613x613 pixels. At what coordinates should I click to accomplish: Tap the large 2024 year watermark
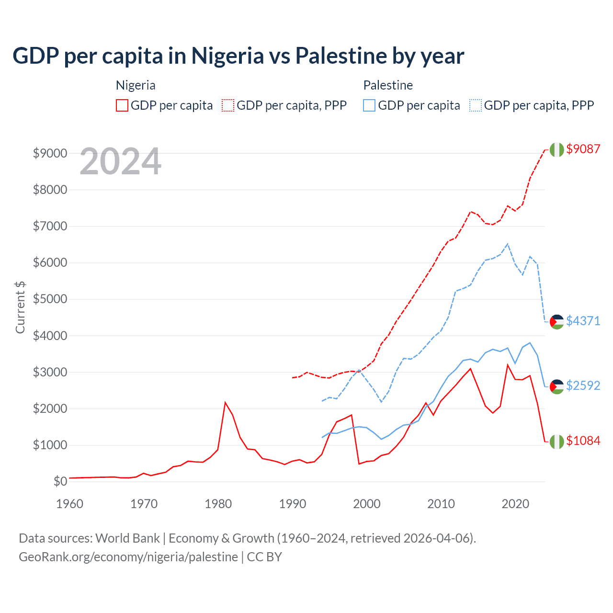point(120,162)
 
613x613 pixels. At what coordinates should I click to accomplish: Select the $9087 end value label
point(583,149)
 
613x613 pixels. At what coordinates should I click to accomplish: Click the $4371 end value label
point(583,321)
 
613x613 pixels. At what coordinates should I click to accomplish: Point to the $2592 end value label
point(583,386)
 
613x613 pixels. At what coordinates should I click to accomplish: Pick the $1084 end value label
point(583,441)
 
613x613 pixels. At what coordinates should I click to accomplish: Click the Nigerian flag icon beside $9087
point(556,149)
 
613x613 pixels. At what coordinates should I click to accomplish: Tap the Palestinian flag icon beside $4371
point(556,322)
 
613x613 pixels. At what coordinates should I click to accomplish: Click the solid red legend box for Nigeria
point(122,105)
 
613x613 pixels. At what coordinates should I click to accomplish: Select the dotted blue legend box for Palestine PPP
point(476,105)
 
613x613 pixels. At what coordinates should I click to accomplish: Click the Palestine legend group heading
point(388,85)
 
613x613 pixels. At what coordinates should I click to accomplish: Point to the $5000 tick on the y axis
point(50,299)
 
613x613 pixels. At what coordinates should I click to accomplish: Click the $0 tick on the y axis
point(60,481)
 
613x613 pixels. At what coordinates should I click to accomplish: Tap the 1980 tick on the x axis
point(218,504)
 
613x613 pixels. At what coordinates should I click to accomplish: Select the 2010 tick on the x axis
point(441,504)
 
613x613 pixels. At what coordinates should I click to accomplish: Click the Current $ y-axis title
point(20,307)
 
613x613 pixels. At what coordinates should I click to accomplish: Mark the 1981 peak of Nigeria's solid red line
point(225,402)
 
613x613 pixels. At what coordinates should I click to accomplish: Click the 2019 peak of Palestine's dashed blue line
point(508,244)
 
